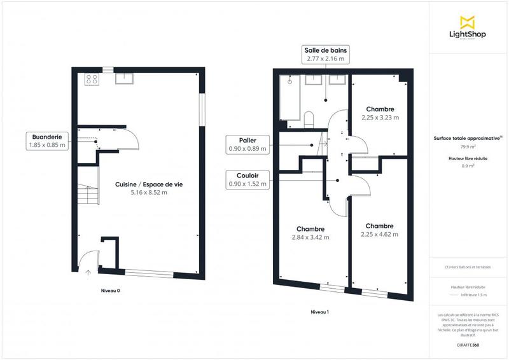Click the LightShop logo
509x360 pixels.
pos(468,29)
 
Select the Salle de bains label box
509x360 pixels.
pos(324,54)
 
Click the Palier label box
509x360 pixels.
pos(247,144)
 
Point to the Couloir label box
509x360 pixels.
pos(247,180)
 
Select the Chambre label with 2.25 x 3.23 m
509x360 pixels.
pos(380,113)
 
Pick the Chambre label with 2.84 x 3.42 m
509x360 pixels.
pos(310,233)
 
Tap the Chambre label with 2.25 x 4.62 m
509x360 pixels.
pos(379,230)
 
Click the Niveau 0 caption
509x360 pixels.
pos(110,291)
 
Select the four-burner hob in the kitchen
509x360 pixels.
pos(92,80)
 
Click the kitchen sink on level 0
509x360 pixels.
pos(123,78)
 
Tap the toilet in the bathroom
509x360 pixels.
pos(309,119)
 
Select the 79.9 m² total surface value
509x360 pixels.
pos(468,146)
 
